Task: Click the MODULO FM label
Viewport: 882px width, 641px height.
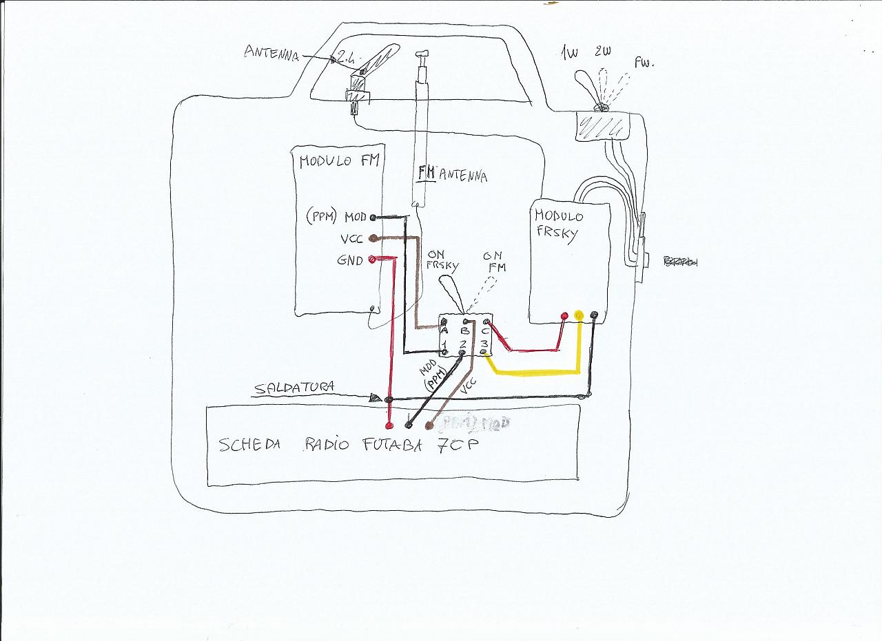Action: (x=339, y=162)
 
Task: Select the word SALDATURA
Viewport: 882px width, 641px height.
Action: (x=294, y=388)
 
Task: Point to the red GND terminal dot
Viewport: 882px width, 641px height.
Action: (x=373, y=260)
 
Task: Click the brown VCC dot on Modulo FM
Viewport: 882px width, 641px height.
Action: (x=373, y=238)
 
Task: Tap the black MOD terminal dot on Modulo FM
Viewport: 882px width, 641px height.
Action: (x=373, y=218)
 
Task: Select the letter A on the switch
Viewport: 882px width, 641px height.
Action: (x=444, y=330)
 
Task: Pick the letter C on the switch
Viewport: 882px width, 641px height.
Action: (x=485, y=330)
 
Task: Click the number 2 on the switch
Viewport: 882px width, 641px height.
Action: (x=464, y=343)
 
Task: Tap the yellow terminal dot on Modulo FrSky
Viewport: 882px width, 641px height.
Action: (x=579, y=316)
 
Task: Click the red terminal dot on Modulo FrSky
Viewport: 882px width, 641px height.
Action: (x=564, y=316)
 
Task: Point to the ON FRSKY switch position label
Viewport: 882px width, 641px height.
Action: (x=442, y=260)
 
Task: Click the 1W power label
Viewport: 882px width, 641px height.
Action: (x=569, y=54)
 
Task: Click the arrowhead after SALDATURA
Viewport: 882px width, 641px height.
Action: (x=375, y=398)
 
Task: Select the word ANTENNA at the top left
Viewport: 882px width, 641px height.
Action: (x=271, y=53)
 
